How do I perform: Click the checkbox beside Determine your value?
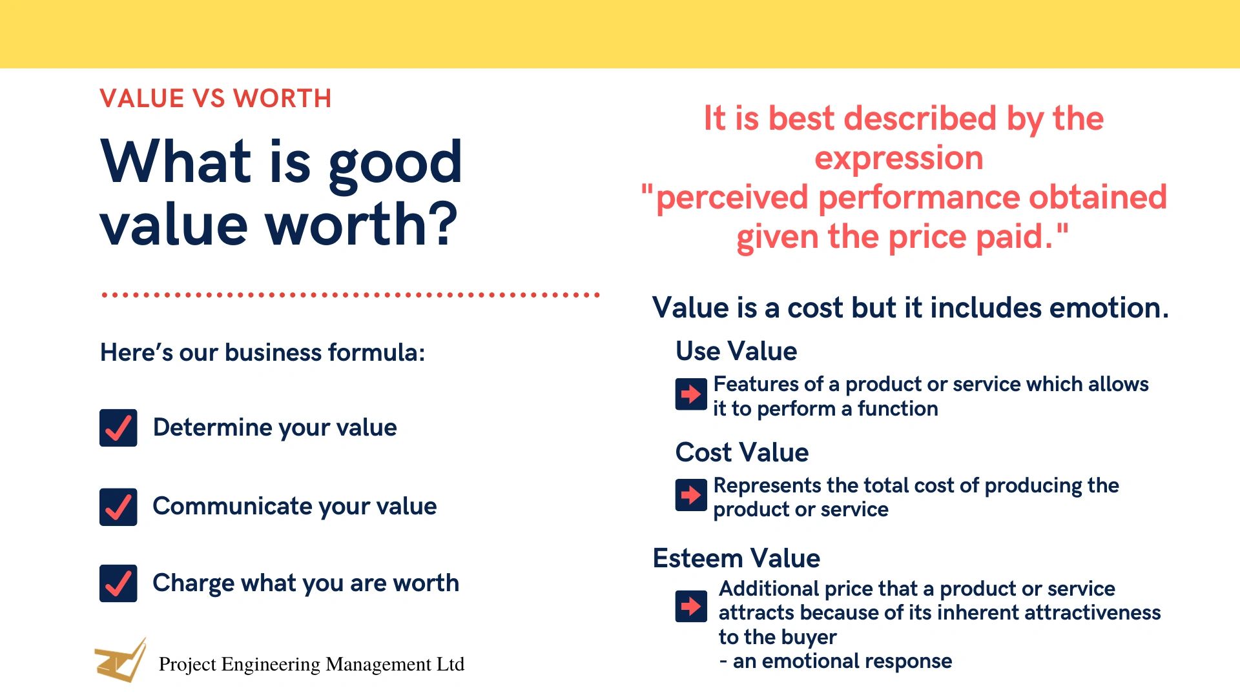click(x=118, y=428)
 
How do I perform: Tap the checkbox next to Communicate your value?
click(x=118, y=507)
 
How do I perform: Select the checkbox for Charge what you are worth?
click(x=118, y=583)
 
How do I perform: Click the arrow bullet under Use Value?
click(x=691, y=394)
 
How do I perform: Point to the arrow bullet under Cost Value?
click(x=691, y=495)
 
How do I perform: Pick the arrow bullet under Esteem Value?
click(x=691, y=606)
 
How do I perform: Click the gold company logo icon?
click(x=121, y=660)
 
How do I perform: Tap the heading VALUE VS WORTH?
click(x=216, y=99)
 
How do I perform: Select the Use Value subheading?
click(x=736, y=351)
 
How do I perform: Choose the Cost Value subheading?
click(x=742, y=452)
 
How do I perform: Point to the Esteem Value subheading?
click(x=736, y=558)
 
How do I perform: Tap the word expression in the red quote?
click(x=899, y=159)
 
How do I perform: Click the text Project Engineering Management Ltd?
click(x=311, y=664)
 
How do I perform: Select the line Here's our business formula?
click(x=263, y=353)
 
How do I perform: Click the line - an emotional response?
click(x=836, y=661)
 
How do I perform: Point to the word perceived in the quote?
click(x=732, y=198)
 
